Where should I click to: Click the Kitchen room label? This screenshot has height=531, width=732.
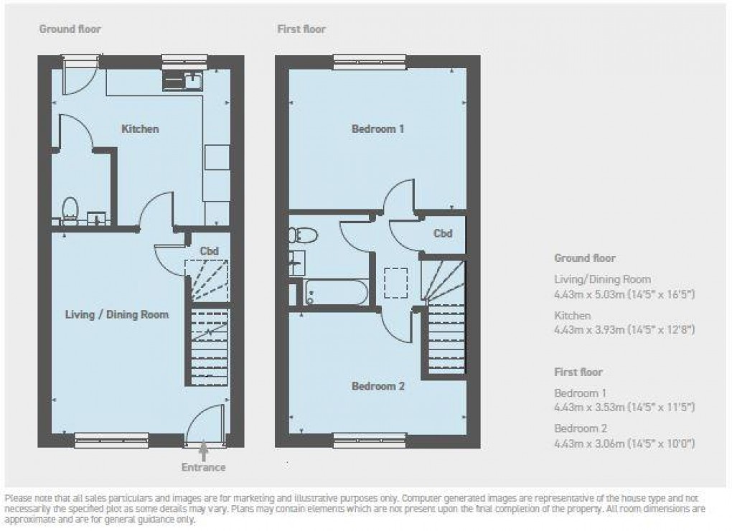point(140,129)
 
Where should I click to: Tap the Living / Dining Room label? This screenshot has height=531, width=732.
point(117,314)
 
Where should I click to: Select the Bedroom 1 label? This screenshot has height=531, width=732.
point(378,129)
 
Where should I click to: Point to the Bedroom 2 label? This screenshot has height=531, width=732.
point(378,386)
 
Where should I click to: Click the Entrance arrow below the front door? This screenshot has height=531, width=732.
point(204,451)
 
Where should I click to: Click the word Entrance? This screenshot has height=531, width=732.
point(203,467)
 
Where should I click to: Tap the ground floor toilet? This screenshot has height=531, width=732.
point(70,210)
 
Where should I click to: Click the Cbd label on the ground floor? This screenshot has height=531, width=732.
point(209,250)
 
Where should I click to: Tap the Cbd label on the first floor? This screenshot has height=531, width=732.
point(444,233)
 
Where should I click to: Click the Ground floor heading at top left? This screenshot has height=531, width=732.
point(70,29)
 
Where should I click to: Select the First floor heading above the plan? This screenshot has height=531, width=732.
point(301,29)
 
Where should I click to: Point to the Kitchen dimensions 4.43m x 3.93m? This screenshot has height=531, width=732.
point(625,329)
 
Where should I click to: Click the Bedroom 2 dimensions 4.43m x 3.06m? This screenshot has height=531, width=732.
point(625,443)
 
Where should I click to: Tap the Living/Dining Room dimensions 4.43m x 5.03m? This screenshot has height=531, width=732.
point(625,293)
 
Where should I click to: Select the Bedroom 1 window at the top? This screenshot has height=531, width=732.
point(370,63)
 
